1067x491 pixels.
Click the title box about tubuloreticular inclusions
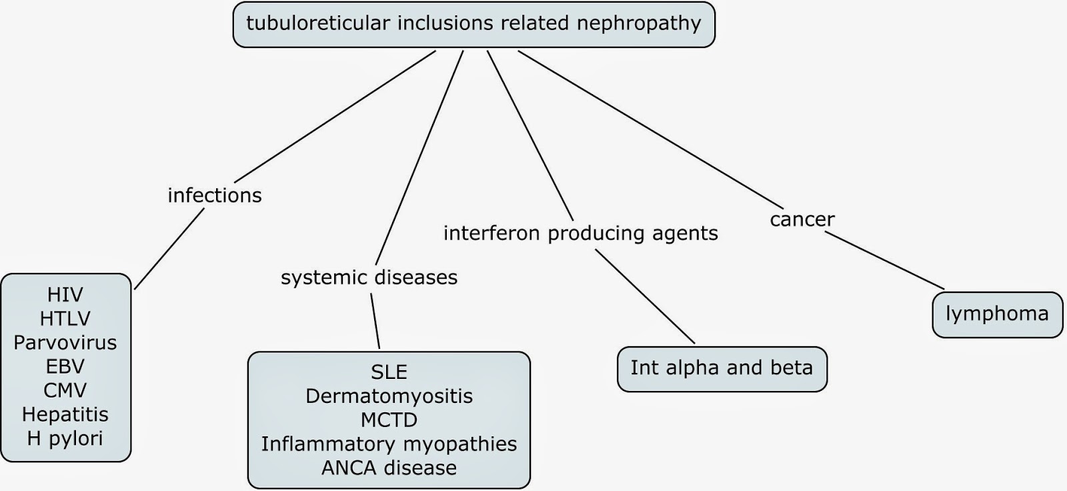473,25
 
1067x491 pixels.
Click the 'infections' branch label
214,195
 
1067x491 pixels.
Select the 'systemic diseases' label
369,277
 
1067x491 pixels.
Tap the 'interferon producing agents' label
580,233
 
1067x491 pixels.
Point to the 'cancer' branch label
802,219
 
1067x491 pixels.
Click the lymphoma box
996,314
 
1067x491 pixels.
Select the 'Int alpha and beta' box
722,368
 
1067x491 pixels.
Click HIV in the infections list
65,294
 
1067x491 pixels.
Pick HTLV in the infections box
65,318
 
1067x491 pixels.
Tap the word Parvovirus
65,342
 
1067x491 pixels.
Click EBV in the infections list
65,366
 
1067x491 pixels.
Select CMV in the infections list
65,390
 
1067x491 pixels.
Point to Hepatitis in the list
65,414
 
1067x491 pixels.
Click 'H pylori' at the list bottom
65,438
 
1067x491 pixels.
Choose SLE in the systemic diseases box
389,372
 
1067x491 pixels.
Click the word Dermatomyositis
389,396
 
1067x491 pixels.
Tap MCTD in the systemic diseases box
389,420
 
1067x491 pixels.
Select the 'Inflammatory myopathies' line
389,444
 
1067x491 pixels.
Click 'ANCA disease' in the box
389,468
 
